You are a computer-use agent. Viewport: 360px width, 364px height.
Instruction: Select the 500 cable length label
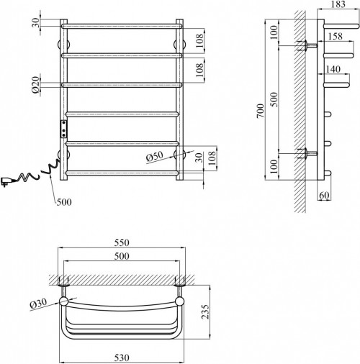click(63, 201)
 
